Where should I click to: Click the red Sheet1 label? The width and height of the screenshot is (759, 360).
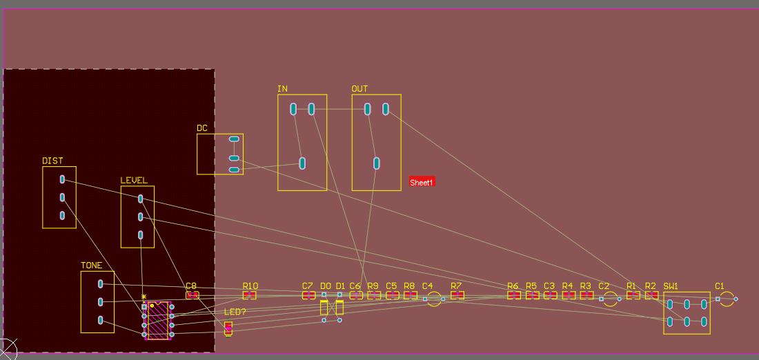422,182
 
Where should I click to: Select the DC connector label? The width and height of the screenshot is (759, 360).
202,128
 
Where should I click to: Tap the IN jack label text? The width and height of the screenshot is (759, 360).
282,89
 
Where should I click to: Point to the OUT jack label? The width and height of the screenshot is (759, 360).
359,89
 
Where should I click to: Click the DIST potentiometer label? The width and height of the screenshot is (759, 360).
52,161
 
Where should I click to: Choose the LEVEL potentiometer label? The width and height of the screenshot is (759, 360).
134,181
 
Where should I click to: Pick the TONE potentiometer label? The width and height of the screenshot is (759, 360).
91,266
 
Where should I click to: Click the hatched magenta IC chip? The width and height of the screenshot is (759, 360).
158,320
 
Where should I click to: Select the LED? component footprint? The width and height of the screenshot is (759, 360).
228,328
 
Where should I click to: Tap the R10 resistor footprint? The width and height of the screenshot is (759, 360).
250,295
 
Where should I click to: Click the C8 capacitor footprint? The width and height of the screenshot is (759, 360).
193,295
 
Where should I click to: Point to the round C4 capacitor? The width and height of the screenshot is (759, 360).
434,299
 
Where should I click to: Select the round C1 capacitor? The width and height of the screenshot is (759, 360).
727,299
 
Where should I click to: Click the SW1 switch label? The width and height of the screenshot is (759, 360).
671,286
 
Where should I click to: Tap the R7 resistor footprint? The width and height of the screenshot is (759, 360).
457,295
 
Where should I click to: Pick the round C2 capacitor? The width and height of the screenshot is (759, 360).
610,299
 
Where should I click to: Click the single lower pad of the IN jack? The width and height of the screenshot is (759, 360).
302,163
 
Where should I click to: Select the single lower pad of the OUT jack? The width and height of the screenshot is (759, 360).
377,163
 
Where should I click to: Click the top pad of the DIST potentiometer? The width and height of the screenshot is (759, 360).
62,179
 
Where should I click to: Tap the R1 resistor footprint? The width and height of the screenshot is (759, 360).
633,295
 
